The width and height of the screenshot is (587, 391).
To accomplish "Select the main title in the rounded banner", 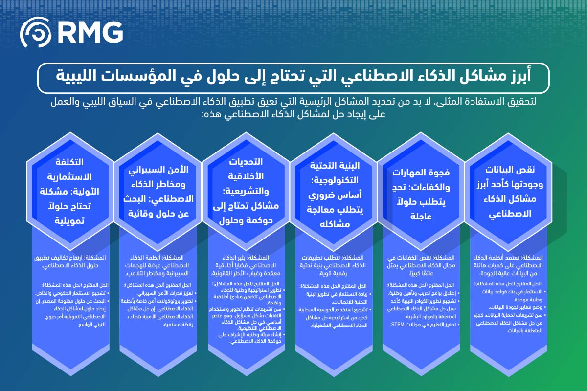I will pos(293,77).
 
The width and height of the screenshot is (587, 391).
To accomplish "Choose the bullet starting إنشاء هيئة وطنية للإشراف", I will pos(246,337).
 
